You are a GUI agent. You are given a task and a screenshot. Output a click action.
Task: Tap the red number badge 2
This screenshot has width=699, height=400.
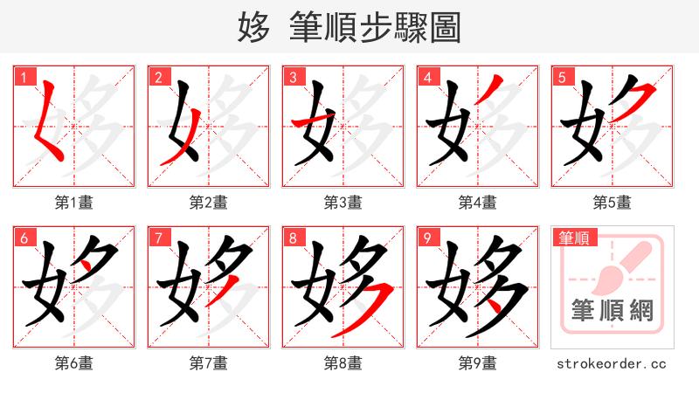(158, 77)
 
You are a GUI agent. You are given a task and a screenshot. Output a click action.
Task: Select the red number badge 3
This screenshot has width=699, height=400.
(293, 77)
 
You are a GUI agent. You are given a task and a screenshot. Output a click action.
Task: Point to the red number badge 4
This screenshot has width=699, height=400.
(427, 77)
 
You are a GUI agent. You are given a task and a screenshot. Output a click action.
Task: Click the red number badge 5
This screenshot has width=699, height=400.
(562, 77)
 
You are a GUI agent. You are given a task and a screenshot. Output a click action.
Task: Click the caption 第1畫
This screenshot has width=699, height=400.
(74, 203)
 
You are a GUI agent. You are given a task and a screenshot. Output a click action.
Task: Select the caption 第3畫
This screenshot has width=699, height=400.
(343, 203)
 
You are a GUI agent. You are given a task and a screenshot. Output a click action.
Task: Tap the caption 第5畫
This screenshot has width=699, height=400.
(612, 203)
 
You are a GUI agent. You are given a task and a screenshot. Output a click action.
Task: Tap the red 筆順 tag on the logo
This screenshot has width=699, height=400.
(573, 237)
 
